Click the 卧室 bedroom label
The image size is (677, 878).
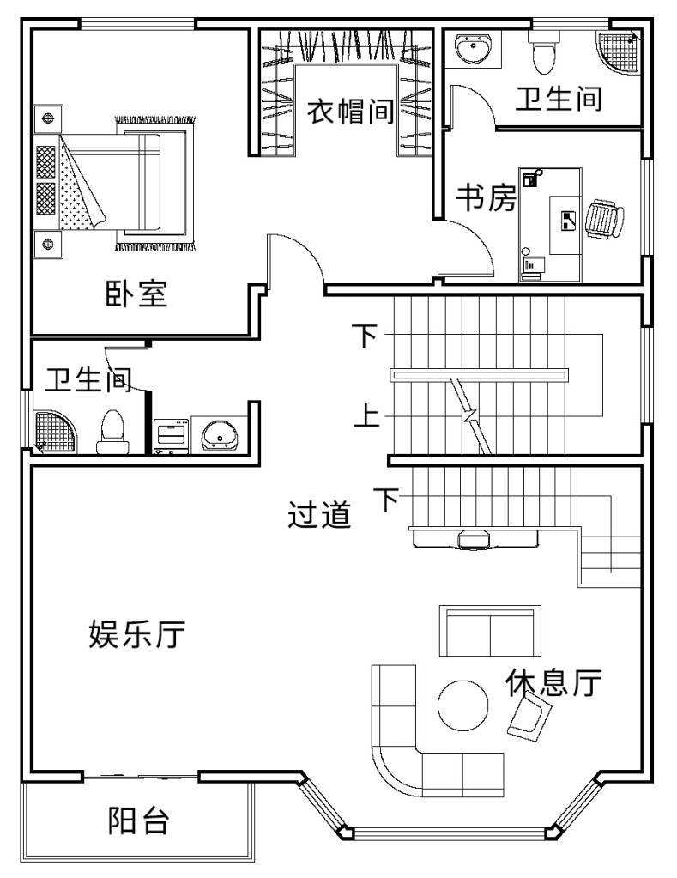click(x=136, y=293)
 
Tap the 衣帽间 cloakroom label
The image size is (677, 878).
click(x=350, y=111)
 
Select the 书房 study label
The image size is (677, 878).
click(x=486, y=197)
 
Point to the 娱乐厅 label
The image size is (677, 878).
click(x=136, y=634)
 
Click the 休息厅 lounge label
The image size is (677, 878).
click(x=553, y=682)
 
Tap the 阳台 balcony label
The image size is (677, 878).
click(x=138, y=820)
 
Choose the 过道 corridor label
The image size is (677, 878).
click(x=319, y=514)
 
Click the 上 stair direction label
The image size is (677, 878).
click(x=366, y=415)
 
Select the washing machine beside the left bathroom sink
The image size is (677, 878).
click(x=172, y=435)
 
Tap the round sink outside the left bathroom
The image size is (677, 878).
click(x=220, y=434)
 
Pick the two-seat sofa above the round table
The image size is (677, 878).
click(x=491, y=631)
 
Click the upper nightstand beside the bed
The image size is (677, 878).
click(x=48, y=118)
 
